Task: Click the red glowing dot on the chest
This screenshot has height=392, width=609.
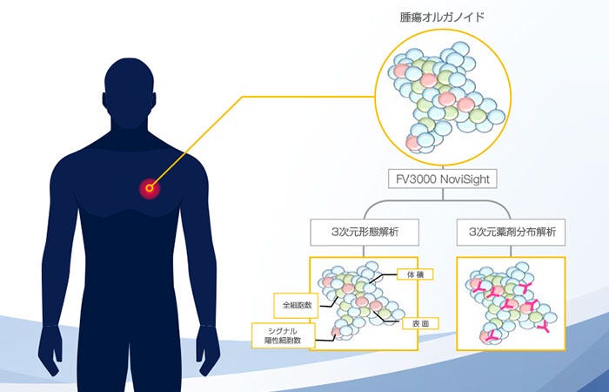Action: (x=150, y=186)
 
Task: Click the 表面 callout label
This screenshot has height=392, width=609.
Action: (x=417, y=322)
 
